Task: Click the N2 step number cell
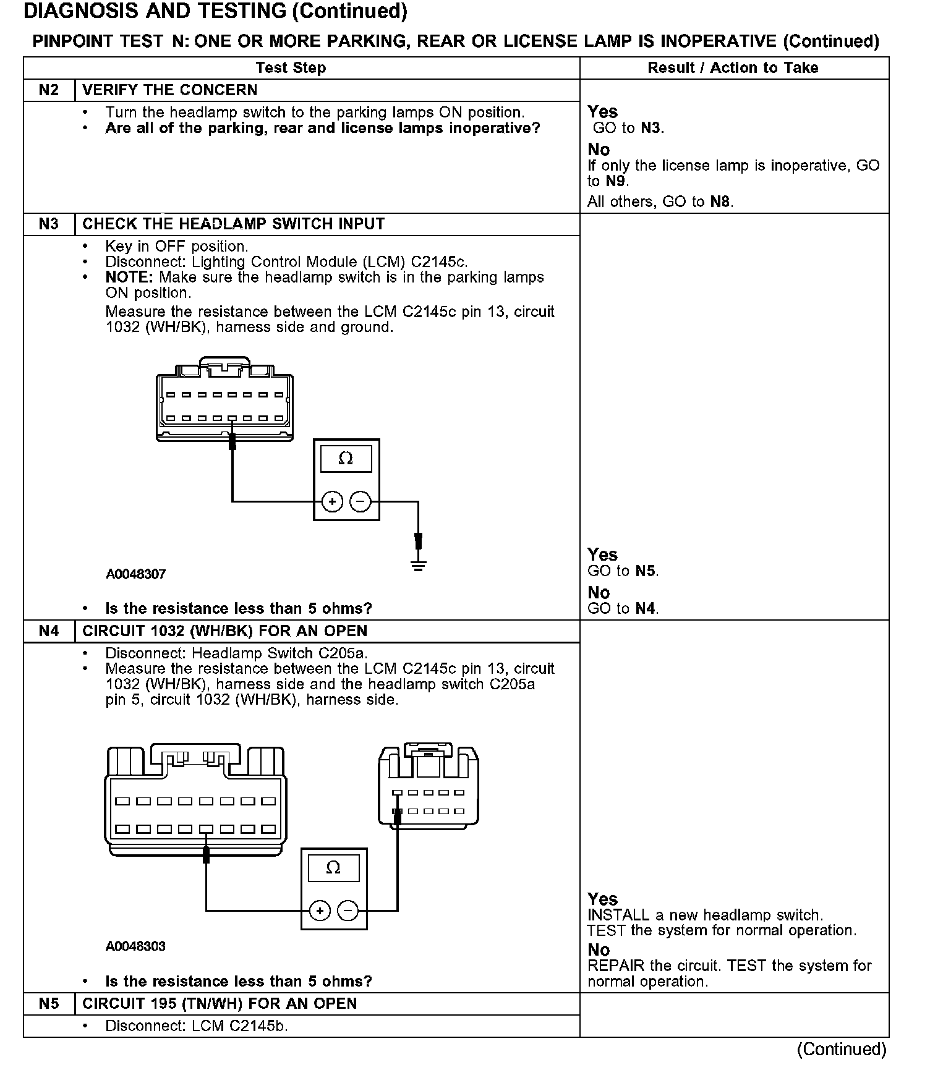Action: (49, 90)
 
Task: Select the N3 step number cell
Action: (49, 224)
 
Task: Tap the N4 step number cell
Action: (49, 631)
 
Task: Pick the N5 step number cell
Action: (49, 1004)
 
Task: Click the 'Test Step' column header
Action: (291, 68)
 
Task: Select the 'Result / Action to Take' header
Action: (733, 68)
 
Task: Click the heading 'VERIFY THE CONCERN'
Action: (170, 90)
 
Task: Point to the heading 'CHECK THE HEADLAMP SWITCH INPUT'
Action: (234, 224)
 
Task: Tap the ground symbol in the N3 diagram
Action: (419, 564)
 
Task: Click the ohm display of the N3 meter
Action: (346, 459)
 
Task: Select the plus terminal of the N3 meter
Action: (333, 501)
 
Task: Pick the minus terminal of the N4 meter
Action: (348, 911)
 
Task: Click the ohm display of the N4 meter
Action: (333, 868)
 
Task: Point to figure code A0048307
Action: (136, 574)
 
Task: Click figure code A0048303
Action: (136, 946)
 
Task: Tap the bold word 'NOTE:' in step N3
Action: (129, 278)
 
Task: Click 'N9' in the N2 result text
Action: (616, 182)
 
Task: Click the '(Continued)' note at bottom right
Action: (842, 1049)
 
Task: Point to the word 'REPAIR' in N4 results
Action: (616, 966)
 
